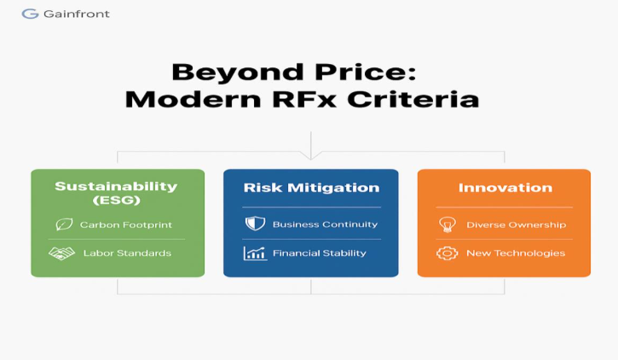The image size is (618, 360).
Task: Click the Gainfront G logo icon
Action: (x=30, y=14)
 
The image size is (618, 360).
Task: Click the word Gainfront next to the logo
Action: (x=77, y=14)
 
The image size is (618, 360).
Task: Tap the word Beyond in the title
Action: (x=238, y=73)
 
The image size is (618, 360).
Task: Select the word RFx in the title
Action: (x=304, y=99)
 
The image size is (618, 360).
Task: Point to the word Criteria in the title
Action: (x=413, y=99)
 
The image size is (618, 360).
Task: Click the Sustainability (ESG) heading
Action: (x=116, y=193)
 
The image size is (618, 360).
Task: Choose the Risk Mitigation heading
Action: (x=311, y=188)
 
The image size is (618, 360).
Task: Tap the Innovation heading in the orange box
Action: (x=505, y=188)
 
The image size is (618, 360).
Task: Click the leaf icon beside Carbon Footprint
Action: (x=64, y=224)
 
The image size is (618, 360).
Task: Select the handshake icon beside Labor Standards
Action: (x=62, y=253)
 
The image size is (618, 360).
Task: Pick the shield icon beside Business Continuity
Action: (x=255, y=224)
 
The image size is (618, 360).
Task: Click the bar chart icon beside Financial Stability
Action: (x=255, y=253)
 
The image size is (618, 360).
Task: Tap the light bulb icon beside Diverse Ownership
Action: (x=448, y=224)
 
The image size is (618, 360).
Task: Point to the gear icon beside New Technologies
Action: (x=448, y=253)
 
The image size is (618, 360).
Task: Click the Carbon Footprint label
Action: (x=126, y=224)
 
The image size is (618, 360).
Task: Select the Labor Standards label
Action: (x=127, y=253)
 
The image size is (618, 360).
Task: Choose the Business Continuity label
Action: (x=325, y=224)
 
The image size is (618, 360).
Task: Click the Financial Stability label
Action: (x=320, y=253)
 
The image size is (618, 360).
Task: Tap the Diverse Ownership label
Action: (x=517, y=224)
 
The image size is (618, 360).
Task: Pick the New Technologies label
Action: (x=516, y=253)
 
